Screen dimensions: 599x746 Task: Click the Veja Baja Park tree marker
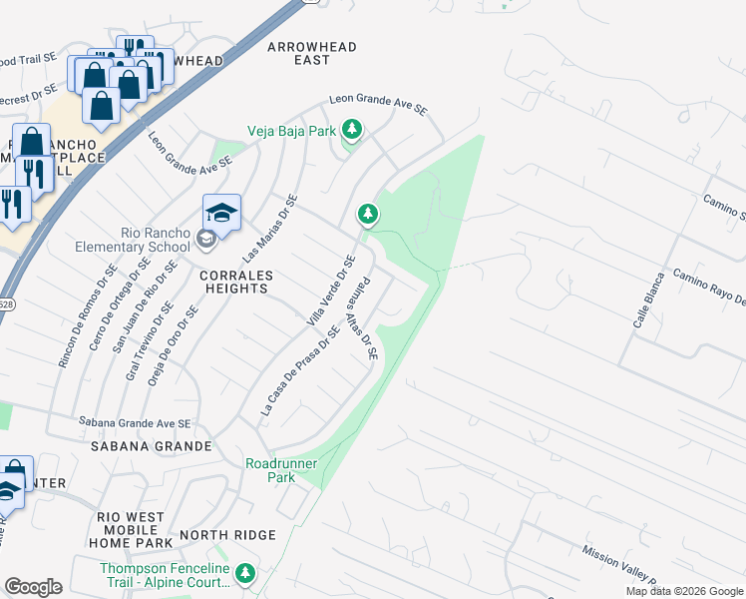pyautogui.click(x=351, y=130)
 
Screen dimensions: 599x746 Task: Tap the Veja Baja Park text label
pyautogui.click(x=292, y=130)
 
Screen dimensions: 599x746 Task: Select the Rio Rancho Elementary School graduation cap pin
pyautogui.click(x=221, y=213)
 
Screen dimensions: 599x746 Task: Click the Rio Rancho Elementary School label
pyautogui.click(x=155, y=240)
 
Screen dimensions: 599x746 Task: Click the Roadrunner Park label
pyautogui.click(x=270, y=469)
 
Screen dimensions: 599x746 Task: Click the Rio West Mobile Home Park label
pyautogui.click(x=131, y=529)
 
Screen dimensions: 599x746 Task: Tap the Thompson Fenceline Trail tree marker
pyautogui.click(x=246, y=574)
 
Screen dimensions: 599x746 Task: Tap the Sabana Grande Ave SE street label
pyautogui.click(x=136, y=423)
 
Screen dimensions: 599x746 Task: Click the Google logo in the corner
pyautogui.click(x=33, y=587)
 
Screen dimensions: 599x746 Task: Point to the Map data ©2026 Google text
pyautogui.click(x=683, y=591)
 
